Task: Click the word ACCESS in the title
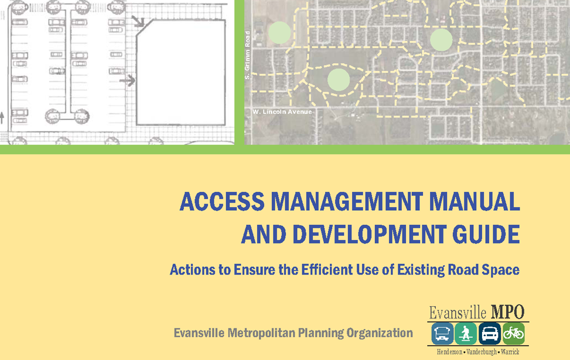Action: pos(222,201)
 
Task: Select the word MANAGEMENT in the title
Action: pos(347,201)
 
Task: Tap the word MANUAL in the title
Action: pos(475,201)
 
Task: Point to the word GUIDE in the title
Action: pos(486,234)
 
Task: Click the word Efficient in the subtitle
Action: pos(327,270)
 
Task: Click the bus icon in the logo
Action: pos(442,334)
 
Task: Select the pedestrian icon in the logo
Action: pos(466,334)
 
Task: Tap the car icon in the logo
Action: pos(490,334)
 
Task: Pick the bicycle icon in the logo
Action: pos(513,334)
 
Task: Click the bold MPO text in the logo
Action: pos(507,313)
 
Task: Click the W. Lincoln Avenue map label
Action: pos(282,112)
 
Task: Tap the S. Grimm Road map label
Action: pos(248,55)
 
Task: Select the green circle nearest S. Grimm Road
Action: pos(279,33)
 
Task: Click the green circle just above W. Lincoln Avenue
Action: pos(339,80)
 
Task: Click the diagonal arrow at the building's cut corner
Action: pos(138,22)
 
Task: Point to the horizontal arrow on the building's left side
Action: pos(127,80)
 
